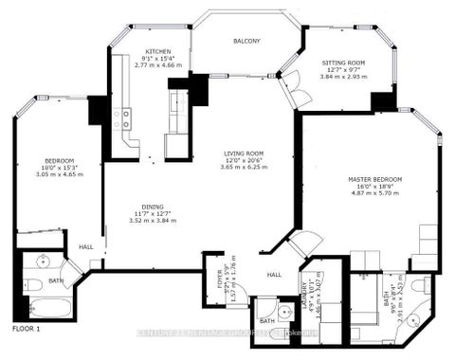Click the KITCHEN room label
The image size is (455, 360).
(156, 51)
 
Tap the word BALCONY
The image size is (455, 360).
(248, 42)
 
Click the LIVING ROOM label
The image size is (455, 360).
(243, 153)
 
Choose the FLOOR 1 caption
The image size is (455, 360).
(27, 328)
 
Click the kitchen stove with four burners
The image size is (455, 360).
(122, 119)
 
